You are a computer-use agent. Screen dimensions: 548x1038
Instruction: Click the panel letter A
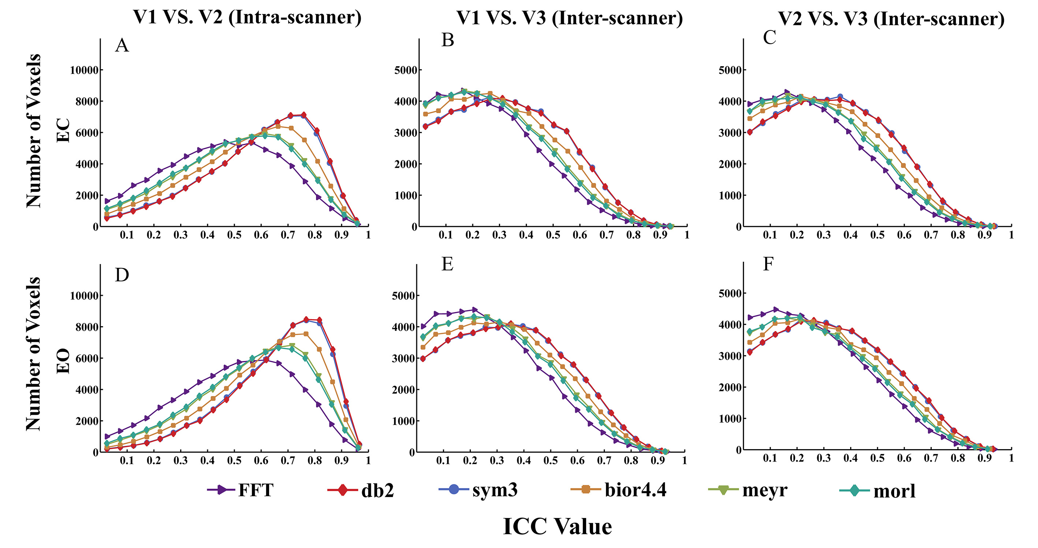pos(122,45)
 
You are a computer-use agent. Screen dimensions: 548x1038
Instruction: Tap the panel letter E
pos(447,264)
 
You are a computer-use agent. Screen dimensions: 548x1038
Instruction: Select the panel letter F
pos(769,264)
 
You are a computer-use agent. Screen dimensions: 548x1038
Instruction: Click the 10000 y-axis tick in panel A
pos(84,71)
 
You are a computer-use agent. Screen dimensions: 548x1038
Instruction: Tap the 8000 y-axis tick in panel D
pos(87,327)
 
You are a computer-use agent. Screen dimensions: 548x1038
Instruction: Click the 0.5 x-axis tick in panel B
pos(553,235)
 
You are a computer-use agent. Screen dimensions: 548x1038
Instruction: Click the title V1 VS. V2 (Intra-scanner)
pos(247,17)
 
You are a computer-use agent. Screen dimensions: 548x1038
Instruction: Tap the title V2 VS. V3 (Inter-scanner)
pos(891,19)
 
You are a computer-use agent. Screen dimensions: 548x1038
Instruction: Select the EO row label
pos(63,361)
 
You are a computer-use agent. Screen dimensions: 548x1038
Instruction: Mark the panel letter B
pos(448,40)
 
